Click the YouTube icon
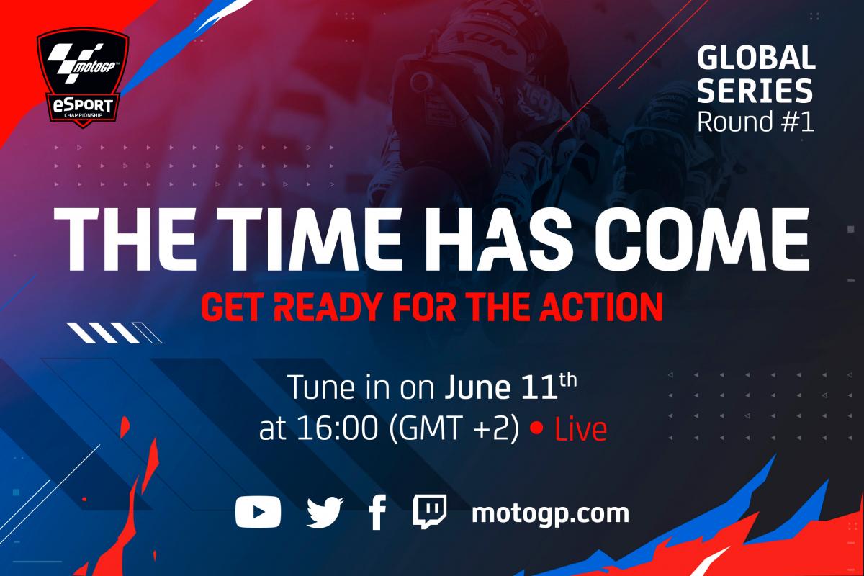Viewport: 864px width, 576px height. coord(258,512)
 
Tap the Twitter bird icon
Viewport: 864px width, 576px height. coord(325,513)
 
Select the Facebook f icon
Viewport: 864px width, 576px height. coord(377,513)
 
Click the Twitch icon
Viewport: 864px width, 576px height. coord(430,511)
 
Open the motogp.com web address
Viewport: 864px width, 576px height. coord(550,514)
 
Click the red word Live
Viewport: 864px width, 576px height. coord(580,429)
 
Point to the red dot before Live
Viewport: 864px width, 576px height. coord(536,428)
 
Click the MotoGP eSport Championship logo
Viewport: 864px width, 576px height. coord(83,78)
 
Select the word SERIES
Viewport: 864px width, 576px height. coord(755,91)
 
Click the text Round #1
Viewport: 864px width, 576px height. coord(755,121)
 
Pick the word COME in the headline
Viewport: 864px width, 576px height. coord(701,239)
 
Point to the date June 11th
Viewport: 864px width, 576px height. coord(510,387)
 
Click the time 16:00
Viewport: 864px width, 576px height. coord(337,428)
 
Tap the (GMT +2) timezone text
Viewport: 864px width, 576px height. coord(454,429)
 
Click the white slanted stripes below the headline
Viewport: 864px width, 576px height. coord(114,333)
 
